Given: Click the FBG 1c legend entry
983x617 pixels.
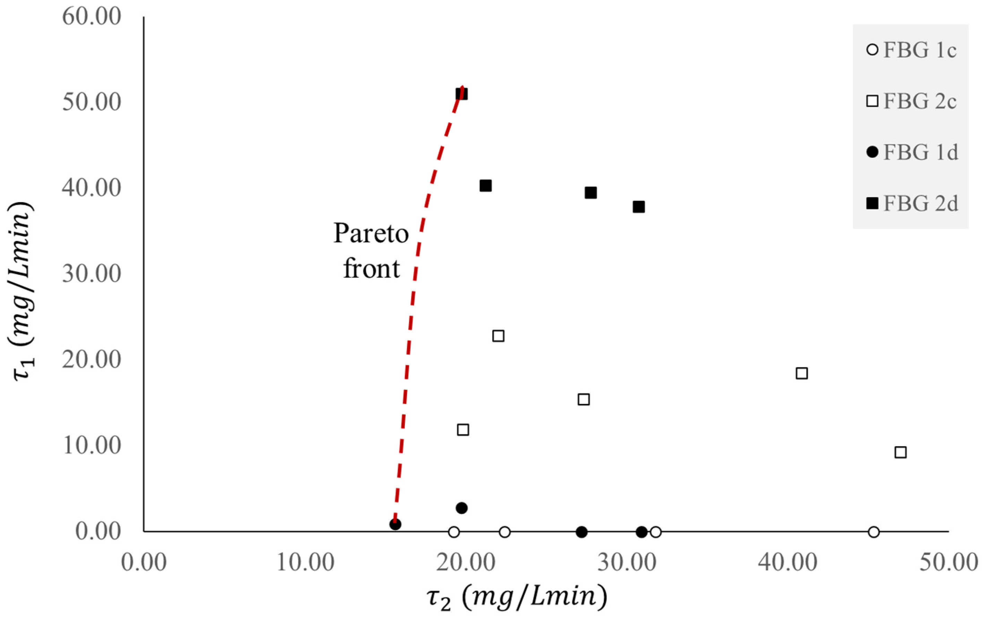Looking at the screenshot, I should tap(911, 50).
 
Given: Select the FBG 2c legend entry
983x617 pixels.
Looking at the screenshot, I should tap(911, 101).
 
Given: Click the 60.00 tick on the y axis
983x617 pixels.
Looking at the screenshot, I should tap(92, 17).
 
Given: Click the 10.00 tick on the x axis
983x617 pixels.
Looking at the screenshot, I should tap(305, 562).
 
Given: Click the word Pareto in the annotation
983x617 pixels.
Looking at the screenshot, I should tap(371, 233).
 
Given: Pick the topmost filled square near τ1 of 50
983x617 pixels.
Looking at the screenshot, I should tap(461, 94).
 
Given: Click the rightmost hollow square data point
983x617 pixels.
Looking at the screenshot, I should tap(900, 452).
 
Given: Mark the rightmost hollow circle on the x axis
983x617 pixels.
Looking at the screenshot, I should tap(873, 532).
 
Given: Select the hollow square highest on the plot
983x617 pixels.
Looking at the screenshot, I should tap(498, 336).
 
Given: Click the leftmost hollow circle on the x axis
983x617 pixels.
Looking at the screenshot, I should tap(454, 532).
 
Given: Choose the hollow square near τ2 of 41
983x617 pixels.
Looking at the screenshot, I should tap(802, 373).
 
